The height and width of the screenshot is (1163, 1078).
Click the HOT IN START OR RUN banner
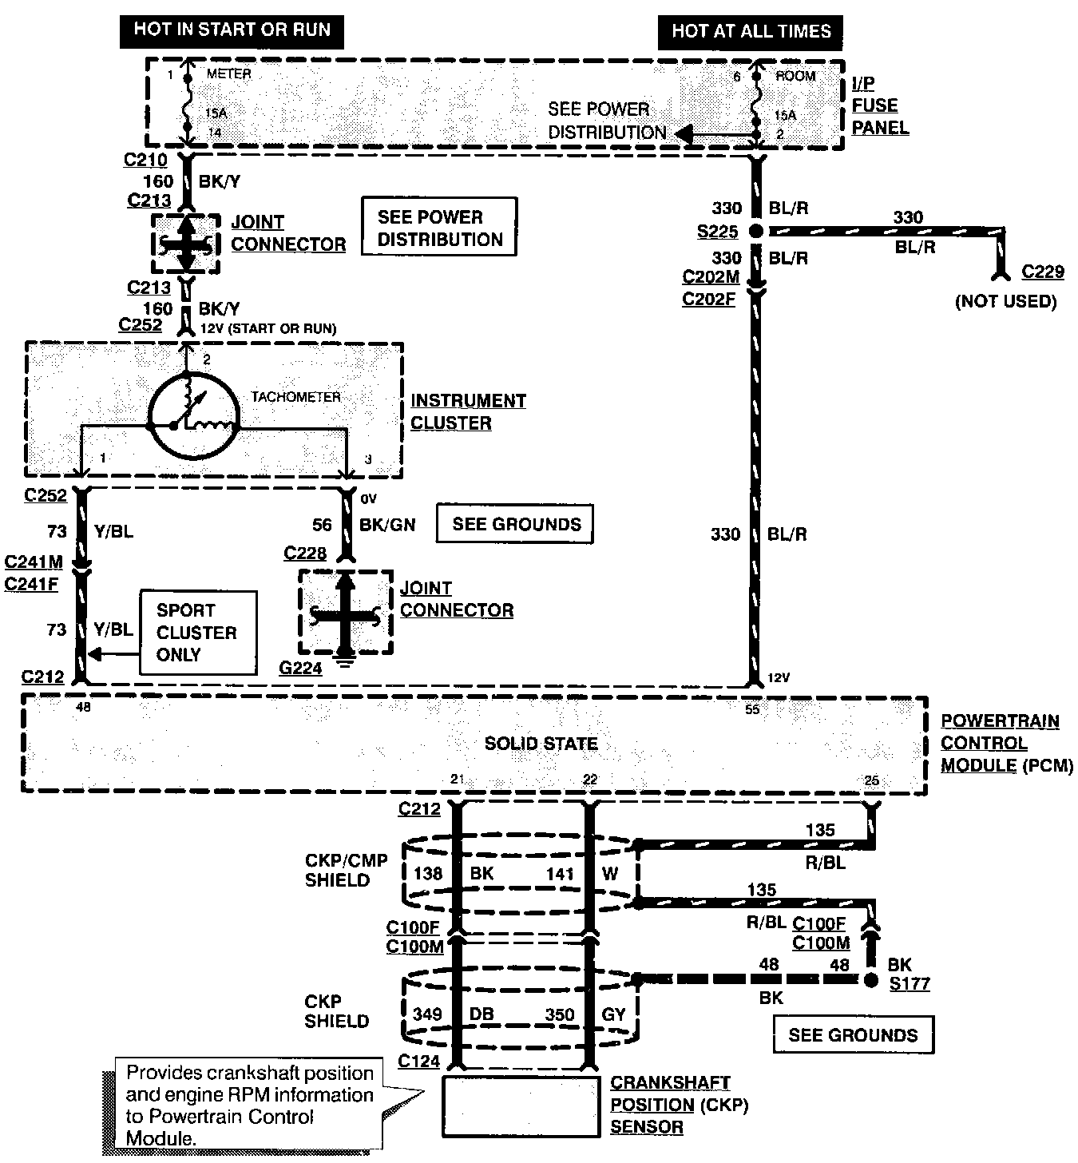(x=232, y=32)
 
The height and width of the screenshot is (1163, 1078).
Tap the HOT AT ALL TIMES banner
(x=751, y=33)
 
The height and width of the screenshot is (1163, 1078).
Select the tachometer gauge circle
(x=194, y=415)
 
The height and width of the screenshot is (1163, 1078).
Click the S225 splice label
(x=717, y=232)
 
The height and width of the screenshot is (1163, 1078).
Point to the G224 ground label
(x=300, y=669)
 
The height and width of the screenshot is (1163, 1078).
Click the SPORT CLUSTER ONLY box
(x=199, y=633)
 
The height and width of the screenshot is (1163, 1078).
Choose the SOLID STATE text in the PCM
(x=541, y=744)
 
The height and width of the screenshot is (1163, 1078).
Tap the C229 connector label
(x=1043, y=272)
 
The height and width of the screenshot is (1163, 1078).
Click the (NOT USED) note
(x=1006, y=302)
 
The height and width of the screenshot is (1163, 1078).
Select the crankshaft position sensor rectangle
(x=521, y=1107)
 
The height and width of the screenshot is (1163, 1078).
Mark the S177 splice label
(x=910, y=983)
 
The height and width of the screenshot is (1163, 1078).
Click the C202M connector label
(x=711, y=276)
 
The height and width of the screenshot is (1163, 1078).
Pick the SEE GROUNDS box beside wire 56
(x=515, y=524)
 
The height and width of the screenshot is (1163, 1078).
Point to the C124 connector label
(x=418, y=1061)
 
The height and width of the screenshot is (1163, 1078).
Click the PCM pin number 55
(x=752, y=710)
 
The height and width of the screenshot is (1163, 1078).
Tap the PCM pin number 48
(x=83, y=708)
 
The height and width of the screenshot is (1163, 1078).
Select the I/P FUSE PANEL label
(x=880, y=105)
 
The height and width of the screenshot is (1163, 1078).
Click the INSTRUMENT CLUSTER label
(x=469, y=411)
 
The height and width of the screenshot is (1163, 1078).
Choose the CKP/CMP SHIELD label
(x=346, y=870)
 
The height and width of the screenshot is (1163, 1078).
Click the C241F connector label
(x=31, y=585)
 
